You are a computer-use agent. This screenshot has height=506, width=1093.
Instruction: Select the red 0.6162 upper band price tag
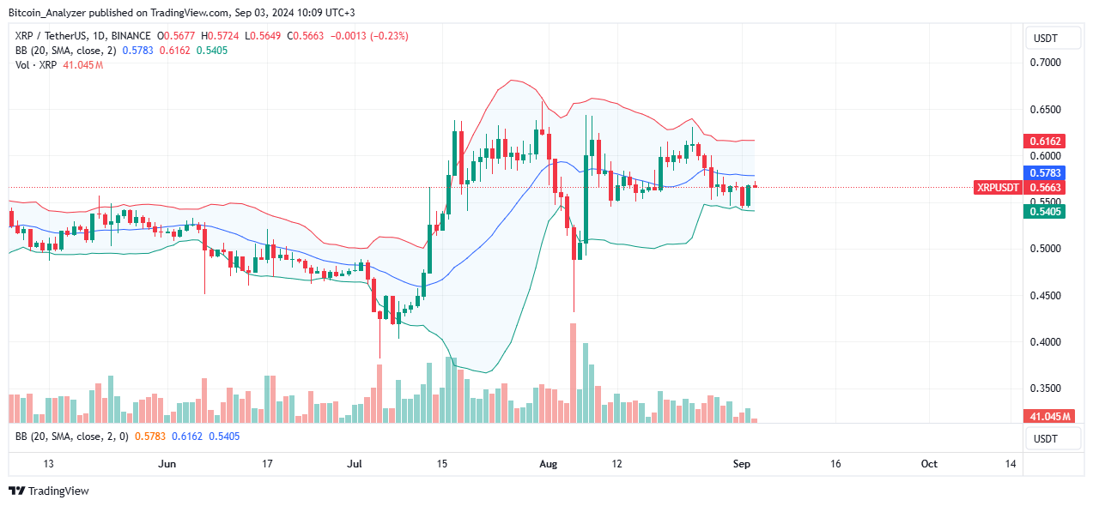[1045, 141]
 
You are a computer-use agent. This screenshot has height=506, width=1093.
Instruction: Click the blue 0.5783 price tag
[1045, 172]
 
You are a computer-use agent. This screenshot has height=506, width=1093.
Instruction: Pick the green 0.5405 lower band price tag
[1045, 211]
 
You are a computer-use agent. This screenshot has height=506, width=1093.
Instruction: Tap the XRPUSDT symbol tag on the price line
[998, 188]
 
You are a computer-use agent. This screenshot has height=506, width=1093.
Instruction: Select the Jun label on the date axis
[167, 464]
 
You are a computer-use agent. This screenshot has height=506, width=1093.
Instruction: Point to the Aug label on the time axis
[549, 464]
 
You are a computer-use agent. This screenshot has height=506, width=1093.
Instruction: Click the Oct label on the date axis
[929, 464]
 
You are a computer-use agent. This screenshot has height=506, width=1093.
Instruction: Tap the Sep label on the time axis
[742, 464]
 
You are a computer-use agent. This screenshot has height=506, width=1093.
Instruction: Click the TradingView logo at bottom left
[49, 491]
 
